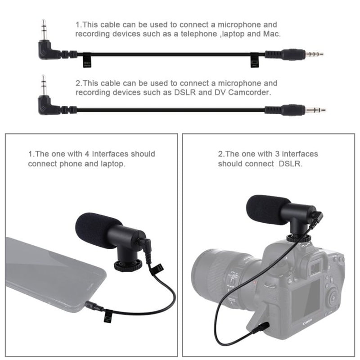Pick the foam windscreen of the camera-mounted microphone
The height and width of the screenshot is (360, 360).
click(267, 210)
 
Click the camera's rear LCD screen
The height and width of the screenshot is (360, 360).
click(306, 299)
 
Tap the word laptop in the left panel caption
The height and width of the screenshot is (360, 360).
click(110, 164)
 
